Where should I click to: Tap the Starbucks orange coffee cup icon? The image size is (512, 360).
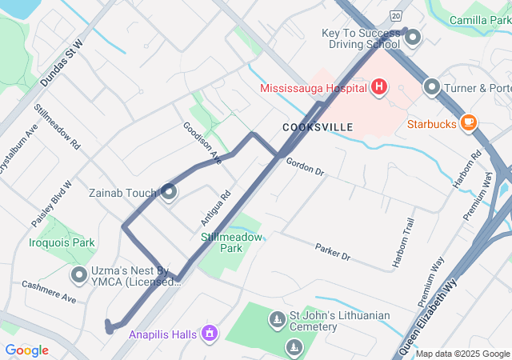pos(468,123)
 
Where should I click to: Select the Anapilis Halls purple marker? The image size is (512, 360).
pos(210,332)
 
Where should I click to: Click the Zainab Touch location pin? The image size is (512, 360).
pos(169,192)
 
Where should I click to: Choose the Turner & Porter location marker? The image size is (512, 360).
pos(432,86)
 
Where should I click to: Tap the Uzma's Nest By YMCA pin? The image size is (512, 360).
pos(79,276)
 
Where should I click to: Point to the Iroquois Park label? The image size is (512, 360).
pos(61,242)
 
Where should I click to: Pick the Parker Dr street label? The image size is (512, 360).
pos(333,252)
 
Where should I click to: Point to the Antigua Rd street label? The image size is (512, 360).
pos(215,206)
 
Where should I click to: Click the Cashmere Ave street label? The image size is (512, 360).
pos(49,291)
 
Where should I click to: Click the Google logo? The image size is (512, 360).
pos(26,350)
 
